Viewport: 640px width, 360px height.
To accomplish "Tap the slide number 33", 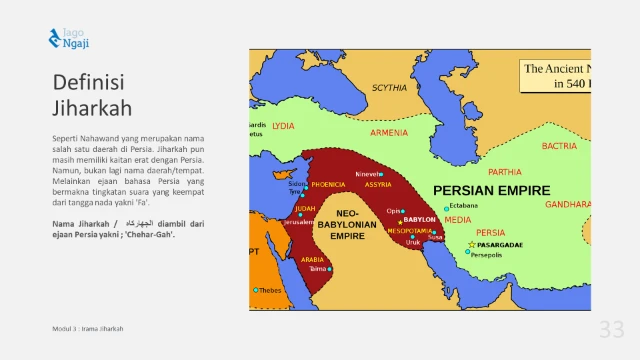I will (x=611, y=330).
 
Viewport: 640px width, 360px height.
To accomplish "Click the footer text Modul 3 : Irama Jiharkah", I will (x=88, y=328).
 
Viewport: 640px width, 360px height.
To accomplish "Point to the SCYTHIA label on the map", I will (x=390, y=88).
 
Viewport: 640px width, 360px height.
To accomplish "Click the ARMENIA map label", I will (x=389, y=132).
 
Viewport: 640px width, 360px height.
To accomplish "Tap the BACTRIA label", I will (x=559, y=146).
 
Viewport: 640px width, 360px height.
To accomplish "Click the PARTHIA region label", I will (x=505, y=171).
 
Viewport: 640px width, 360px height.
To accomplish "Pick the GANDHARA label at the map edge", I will (x=567, y=204).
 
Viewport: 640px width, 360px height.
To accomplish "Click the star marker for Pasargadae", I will (x=472, y=244).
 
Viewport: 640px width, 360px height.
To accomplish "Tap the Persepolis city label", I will (x=492, y=255).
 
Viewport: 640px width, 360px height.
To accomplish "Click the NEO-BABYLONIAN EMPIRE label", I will (x=351, y=226).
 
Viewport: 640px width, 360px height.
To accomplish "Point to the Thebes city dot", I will (x=256, y=290).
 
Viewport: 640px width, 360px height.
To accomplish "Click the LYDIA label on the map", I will (x=283, y=127).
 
